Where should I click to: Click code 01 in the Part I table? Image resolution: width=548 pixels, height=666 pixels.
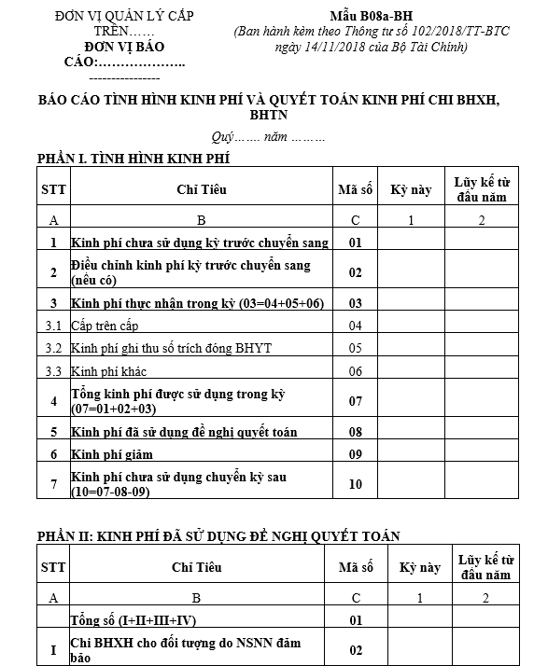pyautogui.click(x=355, y=243)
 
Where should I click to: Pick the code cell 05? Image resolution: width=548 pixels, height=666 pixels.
pyautogui.click(x=355, y=348)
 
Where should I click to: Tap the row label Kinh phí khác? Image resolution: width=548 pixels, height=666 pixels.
pyautogui.click(x=105, y=370)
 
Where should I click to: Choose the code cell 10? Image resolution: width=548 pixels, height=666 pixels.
pyautogui.click(x=355, y=483)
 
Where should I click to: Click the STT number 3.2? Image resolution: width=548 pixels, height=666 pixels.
pyautogui.click(x=53, y=348)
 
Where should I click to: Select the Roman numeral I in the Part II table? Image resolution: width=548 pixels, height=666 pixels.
pyautogui.click(x=52, y=649)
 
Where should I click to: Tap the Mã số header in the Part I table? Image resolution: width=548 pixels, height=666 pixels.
pyautogui.click(x=355, y=190)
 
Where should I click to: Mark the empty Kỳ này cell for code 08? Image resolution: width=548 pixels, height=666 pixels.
pyautogui.click(x=411, y=432)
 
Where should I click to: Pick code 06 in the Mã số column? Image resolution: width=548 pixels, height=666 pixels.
pyautogui.click(x=355, y=370)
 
